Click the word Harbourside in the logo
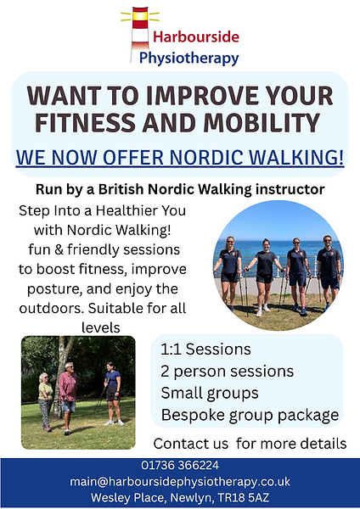196,37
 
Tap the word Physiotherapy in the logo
195,58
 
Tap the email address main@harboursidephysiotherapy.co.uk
179,480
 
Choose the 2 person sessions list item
227,372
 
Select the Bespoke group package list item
250,416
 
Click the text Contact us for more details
250,444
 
